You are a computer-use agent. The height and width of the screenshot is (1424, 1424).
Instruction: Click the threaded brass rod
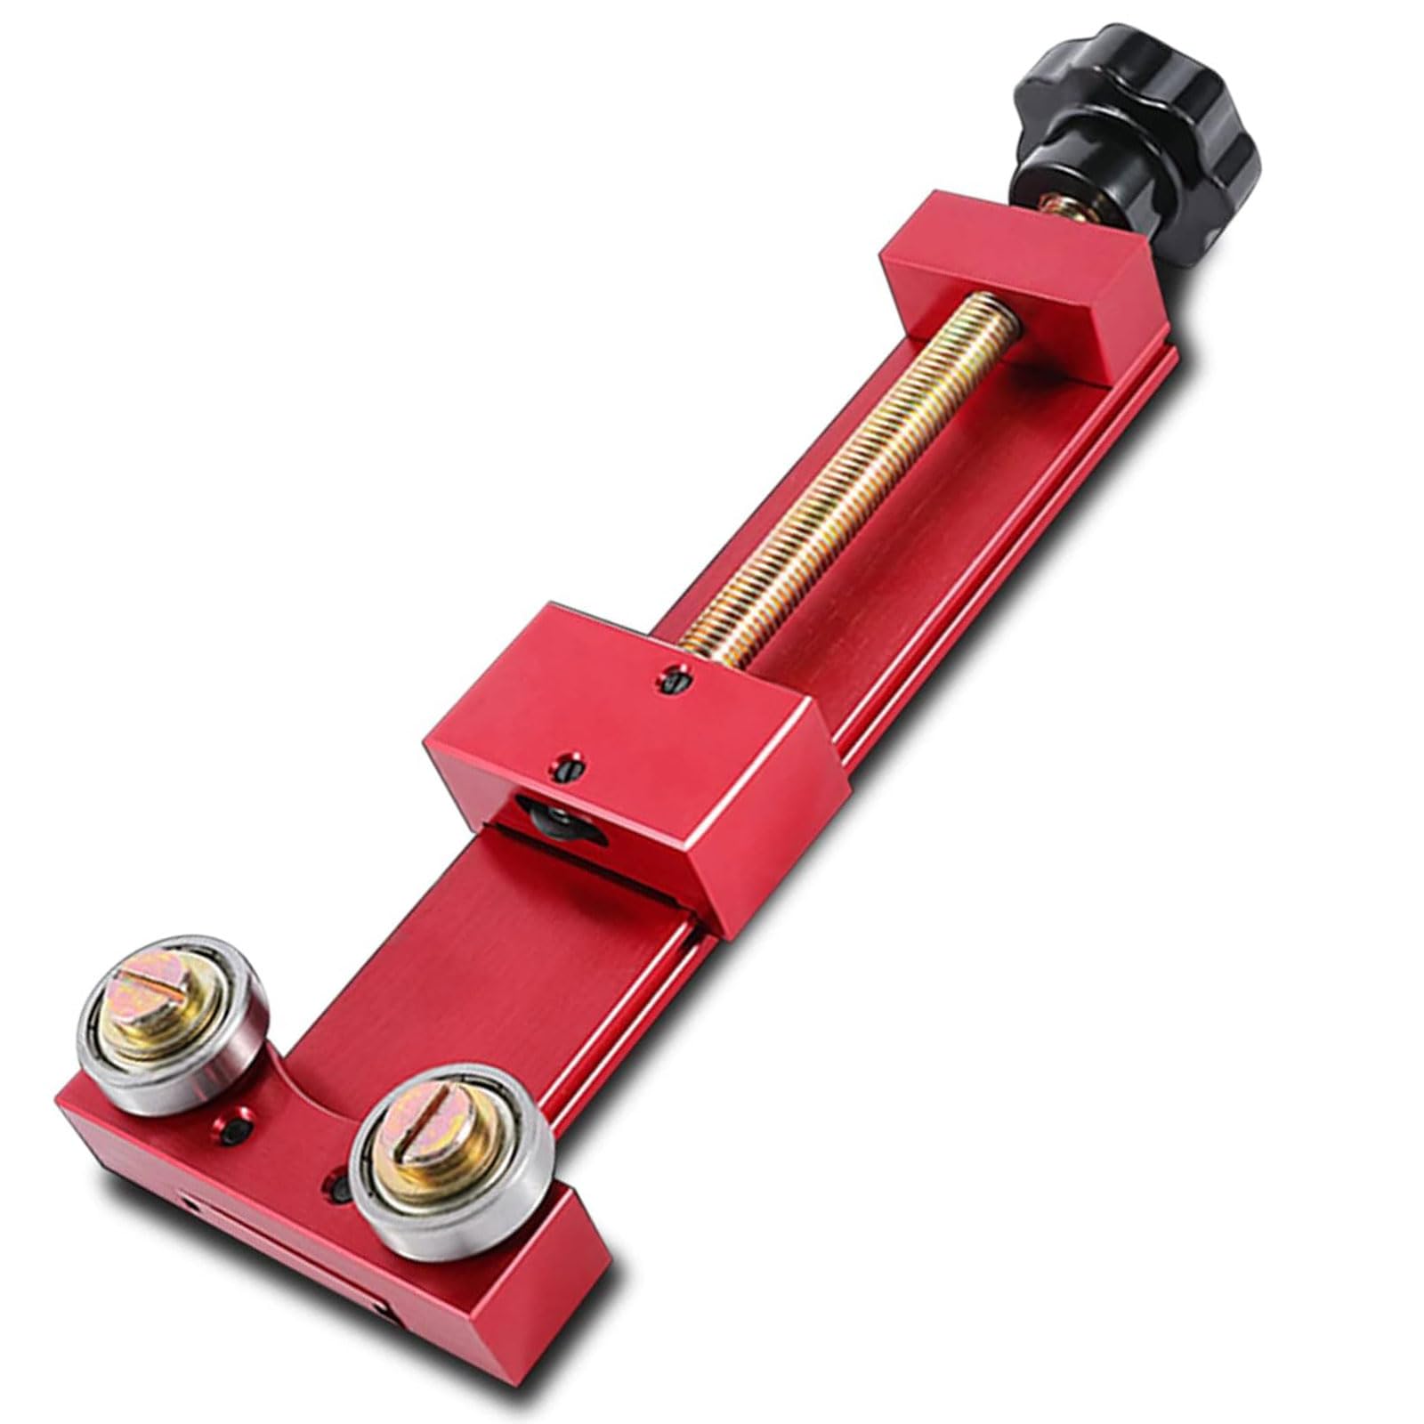(x=854, y=472)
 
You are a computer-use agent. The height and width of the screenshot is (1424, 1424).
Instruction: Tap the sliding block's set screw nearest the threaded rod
(x=674, y=681)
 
